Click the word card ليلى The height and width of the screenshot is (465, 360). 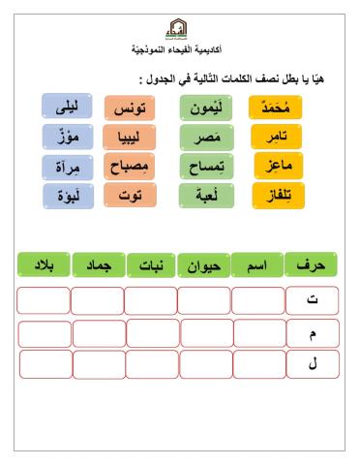pyautogui.click(x=68, y=107)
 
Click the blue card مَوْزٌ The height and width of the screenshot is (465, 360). pyautogui.click(x=68, y=137)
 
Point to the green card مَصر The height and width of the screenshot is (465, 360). pyautogui.click(x=205, y=137)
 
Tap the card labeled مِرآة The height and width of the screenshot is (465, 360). pyautogui.click(x=68, y=167)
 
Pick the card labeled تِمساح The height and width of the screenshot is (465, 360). pyautogui.click(x=205, y=167)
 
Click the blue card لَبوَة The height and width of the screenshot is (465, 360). pyautogui.click(x=68, y=196)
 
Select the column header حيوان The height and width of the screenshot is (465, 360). pyautogui.click(x=205, y=263)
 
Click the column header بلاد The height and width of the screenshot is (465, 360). pyautogui.click(x=43, y=263)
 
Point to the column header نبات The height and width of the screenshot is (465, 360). pyautogui.click(x=151, y=263)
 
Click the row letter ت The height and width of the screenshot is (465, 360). pyautogui.click(x=313, y=300)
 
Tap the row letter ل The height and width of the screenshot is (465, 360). pyautogui.click(x=313, y=364)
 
